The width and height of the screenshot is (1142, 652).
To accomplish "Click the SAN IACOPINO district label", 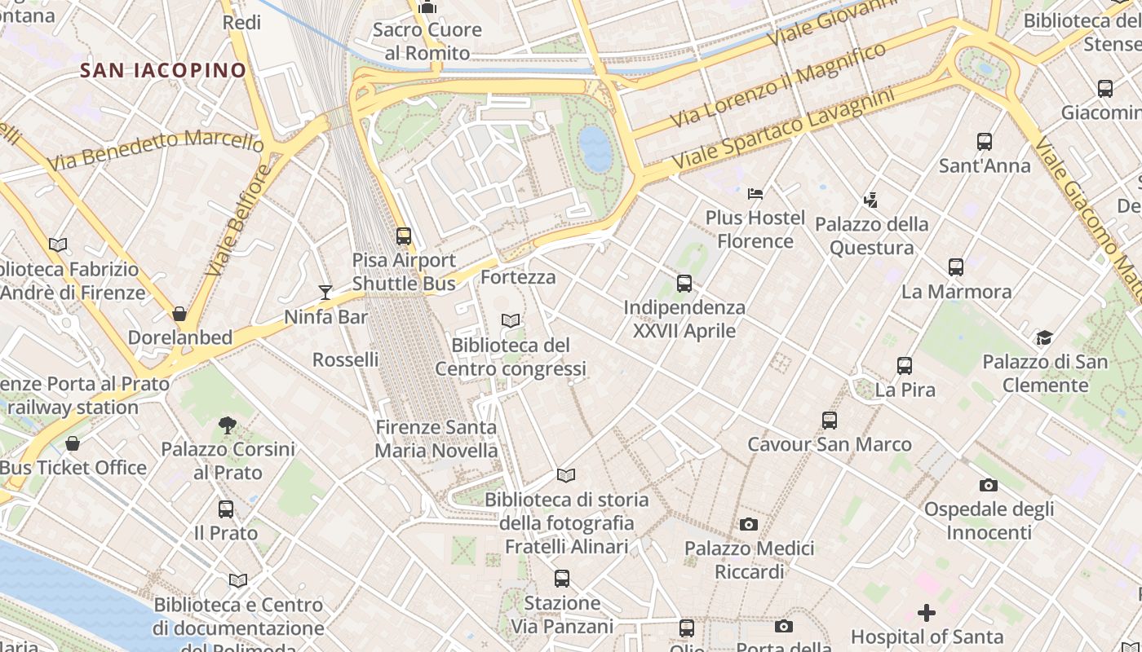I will (x=163, y=70).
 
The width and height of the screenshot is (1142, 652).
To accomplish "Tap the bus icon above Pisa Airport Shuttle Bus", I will (x=404, y=236).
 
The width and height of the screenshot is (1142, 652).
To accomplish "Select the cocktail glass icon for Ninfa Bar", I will (x=325, y=293).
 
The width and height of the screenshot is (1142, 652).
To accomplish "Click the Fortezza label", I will (x=518, y=277).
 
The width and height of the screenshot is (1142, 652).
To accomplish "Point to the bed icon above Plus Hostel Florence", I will (x=755, y=194).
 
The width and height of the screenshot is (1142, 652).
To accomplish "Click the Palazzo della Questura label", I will (x=871, y=236).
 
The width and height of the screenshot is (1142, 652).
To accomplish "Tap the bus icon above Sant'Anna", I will (x=985, y=142).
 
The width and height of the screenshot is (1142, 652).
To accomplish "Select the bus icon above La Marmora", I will (x=956, y=267).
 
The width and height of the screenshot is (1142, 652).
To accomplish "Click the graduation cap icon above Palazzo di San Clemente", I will (x=1044, y=338).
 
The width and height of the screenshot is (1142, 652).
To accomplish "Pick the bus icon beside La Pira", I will (x=905, y=366).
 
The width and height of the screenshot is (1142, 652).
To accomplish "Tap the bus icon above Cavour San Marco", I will (x=830, y=421).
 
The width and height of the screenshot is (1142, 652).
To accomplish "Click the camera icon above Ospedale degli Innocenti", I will (x=989, y=485).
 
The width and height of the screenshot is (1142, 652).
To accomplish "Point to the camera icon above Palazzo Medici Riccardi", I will (x=749, y=524).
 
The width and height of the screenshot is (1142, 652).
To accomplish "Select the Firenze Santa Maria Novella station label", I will (x=436, y=438).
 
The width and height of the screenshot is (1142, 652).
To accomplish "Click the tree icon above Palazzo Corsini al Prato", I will (x=228, y=425).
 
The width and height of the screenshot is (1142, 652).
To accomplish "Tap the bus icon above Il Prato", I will (x=226, y=509).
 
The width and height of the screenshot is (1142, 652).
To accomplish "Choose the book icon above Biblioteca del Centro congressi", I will (x=511, y=321).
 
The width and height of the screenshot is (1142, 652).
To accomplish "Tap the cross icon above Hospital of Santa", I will (x=927, y=612).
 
